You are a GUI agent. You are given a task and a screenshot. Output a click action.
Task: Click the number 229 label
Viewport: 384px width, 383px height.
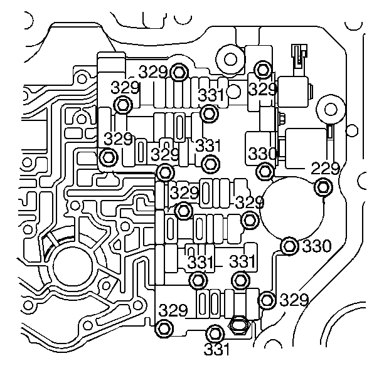(x=326, y=168)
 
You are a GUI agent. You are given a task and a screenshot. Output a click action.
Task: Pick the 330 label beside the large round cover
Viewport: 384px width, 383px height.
(x=316, y=246)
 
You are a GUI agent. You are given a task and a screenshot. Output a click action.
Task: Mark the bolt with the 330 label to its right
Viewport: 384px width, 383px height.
(x=289, y=246)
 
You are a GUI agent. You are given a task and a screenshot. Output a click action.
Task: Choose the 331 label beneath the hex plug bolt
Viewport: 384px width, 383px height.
(x=216, y=349)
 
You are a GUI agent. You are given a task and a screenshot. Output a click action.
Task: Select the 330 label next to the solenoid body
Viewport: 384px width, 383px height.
(x=262, y=154)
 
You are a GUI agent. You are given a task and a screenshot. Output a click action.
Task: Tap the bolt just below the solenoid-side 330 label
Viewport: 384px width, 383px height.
(x=265, y=169)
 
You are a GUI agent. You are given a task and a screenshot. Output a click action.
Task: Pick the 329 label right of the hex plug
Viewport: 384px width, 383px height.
(x=294, y=300)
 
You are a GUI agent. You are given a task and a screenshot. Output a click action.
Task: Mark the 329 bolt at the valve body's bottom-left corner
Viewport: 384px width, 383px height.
(x=164, y=327)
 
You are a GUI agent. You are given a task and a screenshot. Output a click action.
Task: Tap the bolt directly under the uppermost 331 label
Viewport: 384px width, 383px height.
(x=210, y=114)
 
